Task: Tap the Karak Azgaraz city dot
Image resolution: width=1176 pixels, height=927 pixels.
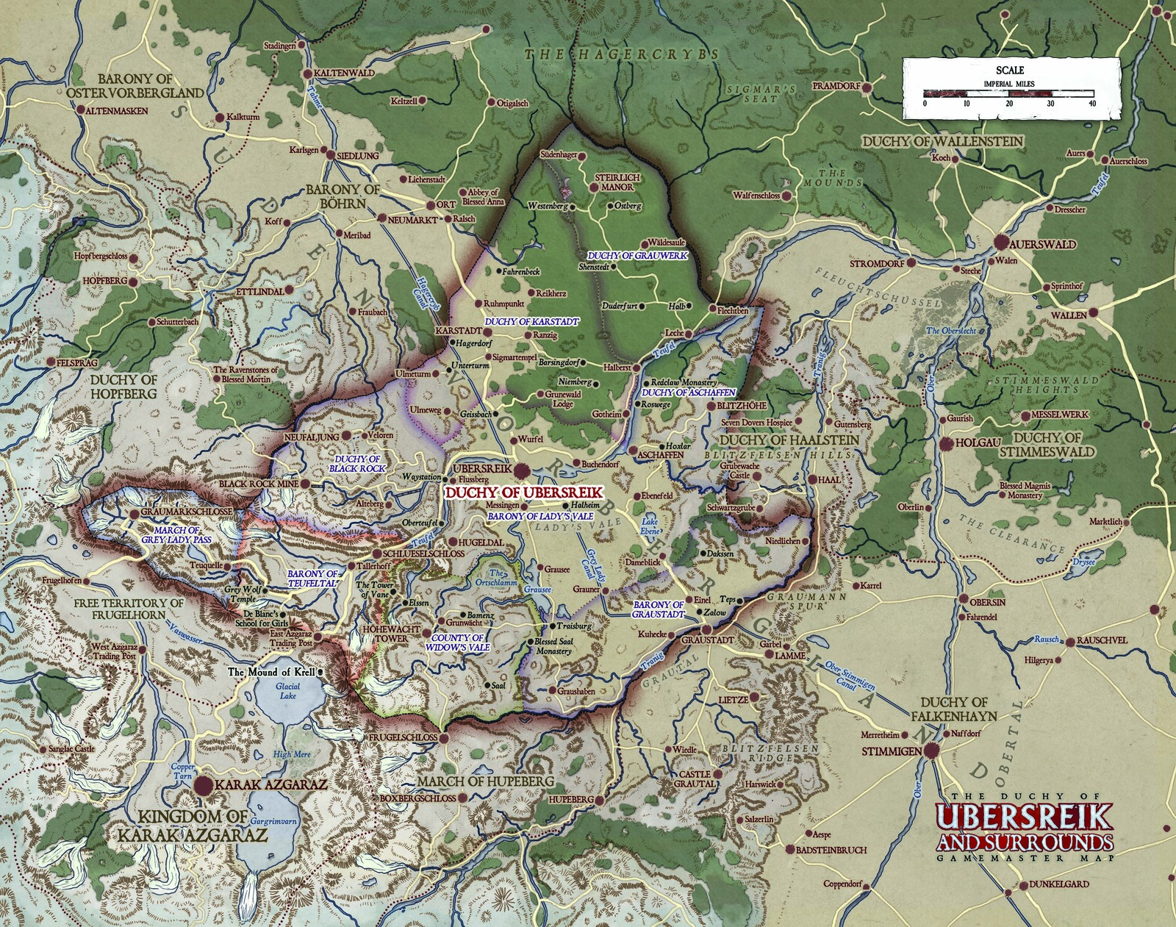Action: point(204,785)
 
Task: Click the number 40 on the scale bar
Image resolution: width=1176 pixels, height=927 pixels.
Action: point(1092,104)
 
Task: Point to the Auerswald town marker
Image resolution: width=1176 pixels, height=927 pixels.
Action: point(1002,243)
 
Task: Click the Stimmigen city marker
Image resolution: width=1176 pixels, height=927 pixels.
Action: point(932,751)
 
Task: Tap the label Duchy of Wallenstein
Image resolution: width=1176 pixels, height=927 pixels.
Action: point(942,140)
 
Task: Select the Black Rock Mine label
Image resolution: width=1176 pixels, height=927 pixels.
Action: point(246,484)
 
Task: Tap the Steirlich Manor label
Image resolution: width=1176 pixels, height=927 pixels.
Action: point(617,182)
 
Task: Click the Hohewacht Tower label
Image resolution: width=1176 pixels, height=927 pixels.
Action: point(391,634)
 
